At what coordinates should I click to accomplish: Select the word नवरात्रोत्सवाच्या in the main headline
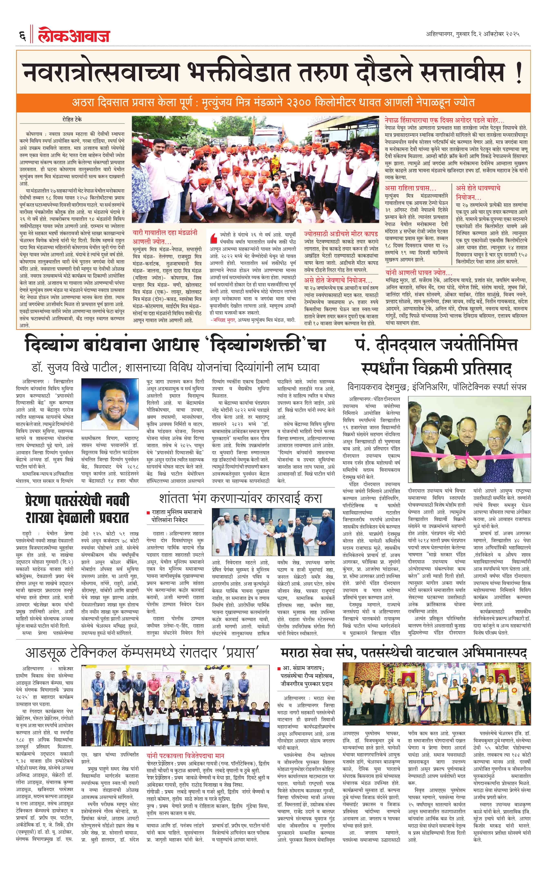click(101, 72)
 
